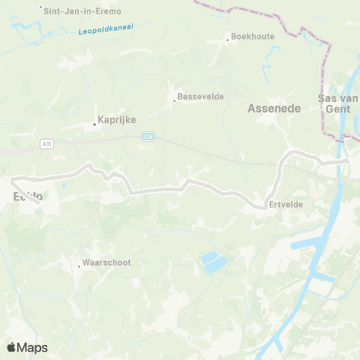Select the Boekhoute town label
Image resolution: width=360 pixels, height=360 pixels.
[x=253, y=36]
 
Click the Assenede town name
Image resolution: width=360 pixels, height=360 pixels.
[x=274, y=109]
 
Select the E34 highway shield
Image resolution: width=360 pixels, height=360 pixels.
[x=148, y=136]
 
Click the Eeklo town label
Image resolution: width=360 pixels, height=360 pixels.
[x=27, y=196]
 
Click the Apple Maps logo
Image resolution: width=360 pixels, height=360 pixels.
[x=27, y=347]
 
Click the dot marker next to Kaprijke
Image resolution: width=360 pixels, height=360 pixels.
[x=94, y=124]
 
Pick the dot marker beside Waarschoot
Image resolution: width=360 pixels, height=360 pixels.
[x=79, y=265]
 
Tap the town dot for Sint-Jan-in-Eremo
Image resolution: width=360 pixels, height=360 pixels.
[x=41, y=7]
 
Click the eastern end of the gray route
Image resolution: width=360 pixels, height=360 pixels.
[x=346, y=160]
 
